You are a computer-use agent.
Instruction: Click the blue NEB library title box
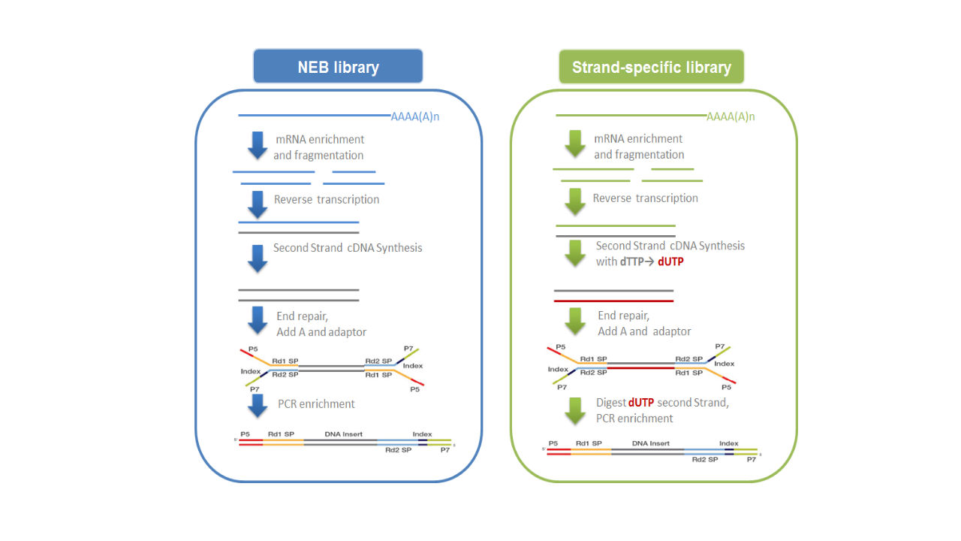pos(338,67)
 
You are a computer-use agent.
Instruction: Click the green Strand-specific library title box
pos(651,67)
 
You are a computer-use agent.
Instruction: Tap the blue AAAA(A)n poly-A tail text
pos(415,116)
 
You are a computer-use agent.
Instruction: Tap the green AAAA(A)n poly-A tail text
pos(731,116)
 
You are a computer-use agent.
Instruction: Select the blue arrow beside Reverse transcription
pos(258,204)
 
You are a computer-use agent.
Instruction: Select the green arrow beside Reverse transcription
pos(576,201)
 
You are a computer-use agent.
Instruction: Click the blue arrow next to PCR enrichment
pos(258,405)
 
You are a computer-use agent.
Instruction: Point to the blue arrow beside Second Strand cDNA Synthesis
pos(258,258)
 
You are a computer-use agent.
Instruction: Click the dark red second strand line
pos(613,301)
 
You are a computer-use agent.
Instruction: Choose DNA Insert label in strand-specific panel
pos(650,443)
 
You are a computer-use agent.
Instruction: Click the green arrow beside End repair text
pos(576,321)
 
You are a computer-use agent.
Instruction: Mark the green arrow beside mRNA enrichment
pos(576,144)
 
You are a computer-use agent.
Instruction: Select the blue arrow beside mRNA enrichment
pos(258,145)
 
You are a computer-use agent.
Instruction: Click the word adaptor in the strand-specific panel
pos(672,331)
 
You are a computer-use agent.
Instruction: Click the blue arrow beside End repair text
pos(258,320)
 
